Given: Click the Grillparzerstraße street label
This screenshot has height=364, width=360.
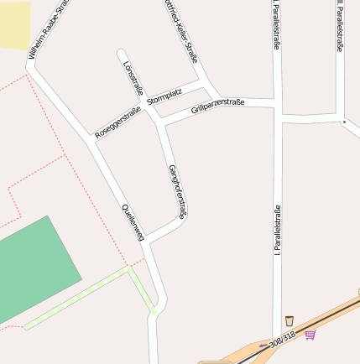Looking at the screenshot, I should tap(217, 106).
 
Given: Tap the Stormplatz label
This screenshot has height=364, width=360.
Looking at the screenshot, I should tap(164, 97).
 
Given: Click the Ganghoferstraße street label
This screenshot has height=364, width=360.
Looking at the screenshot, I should tap(177, 192).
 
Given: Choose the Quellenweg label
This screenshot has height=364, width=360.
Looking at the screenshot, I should tap(133, 223).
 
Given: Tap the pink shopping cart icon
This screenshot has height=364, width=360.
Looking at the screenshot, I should tap(310, 335).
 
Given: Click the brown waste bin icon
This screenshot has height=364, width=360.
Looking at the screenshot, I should tap(290, 320).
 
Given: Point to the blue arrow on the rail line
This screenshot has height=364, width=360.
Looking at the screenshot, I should tap(264, 345).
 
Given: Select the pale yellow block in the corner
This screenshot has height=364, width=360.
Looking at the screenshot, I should tap(14, 24).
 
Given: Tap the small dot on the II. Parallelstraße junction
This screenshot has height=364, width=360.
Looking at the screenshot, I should tap(344, 122).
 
